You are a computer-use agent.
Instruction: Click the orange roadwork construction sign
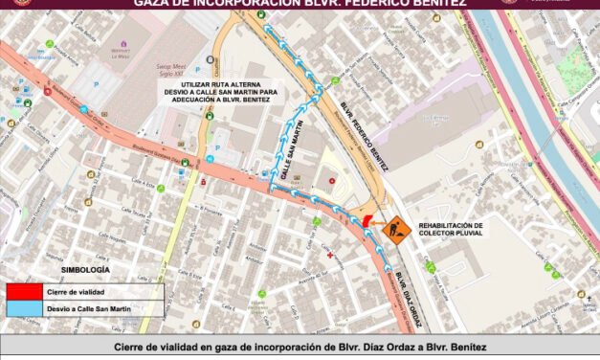coord(395,231)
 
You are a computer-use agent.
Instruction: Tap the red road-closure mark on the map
coord(369,223)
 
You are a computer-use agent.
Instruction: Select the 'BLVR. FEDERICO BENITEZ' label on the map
coord(366,135)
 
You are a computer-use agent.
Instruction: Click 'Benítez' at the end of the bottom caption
coord(463,347)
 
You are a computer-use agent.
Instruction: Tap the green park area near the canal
coord(574,72)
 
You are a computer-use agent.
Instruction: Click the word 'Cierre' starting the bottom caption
coord(130,347)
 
